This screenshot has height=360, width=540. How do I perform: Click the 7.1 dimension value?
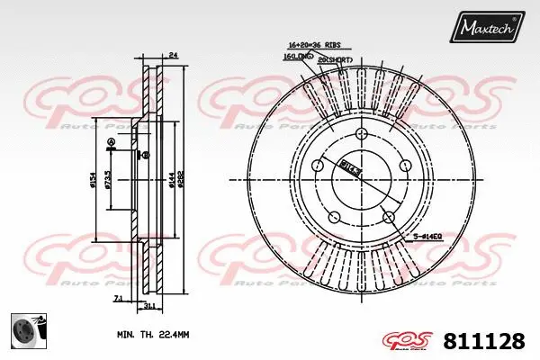119,297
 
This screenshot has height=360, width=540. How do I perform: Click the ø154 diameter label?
93,181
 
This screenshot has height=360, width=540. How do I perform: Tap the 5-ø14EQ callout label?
427,236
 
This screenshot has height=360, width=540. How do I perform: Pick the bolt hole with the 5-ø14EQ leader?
388,216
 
